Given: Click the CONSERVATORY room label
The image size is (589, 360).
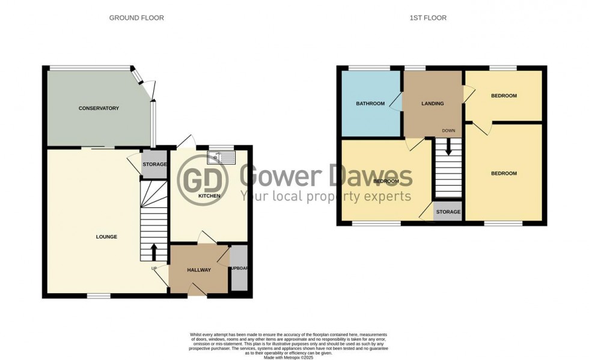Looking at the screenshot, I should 99,108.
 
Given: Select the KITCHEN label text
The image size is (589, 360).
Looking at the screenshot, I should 210,196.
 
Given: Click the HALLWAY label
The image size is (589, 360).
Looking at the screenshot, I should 198,270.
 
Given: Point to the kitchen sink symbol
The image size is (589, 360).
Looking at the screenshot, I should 221,157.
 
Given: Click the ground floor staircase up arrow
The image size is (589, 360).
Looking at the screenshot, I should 153,250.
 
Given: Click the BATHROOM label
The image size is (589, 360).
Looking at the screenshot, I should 370,103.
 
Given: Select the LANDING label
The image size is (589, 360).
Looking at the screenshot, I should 432,103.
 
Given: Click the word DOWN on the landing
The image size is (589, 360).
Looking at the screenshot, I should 448,130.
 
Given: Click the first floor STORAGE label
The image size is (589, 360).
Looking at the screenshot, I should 448,212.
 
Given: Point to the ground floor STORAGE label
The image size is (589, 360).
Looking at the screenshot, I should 154,164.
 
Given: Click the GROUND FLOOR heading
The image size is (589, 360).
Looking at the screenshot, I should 136,18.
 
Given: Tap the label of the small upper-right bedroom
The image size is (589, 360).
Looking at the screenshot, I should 504,96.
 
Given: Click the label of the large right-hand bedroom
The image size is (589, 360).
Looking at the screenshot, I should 504,174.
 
